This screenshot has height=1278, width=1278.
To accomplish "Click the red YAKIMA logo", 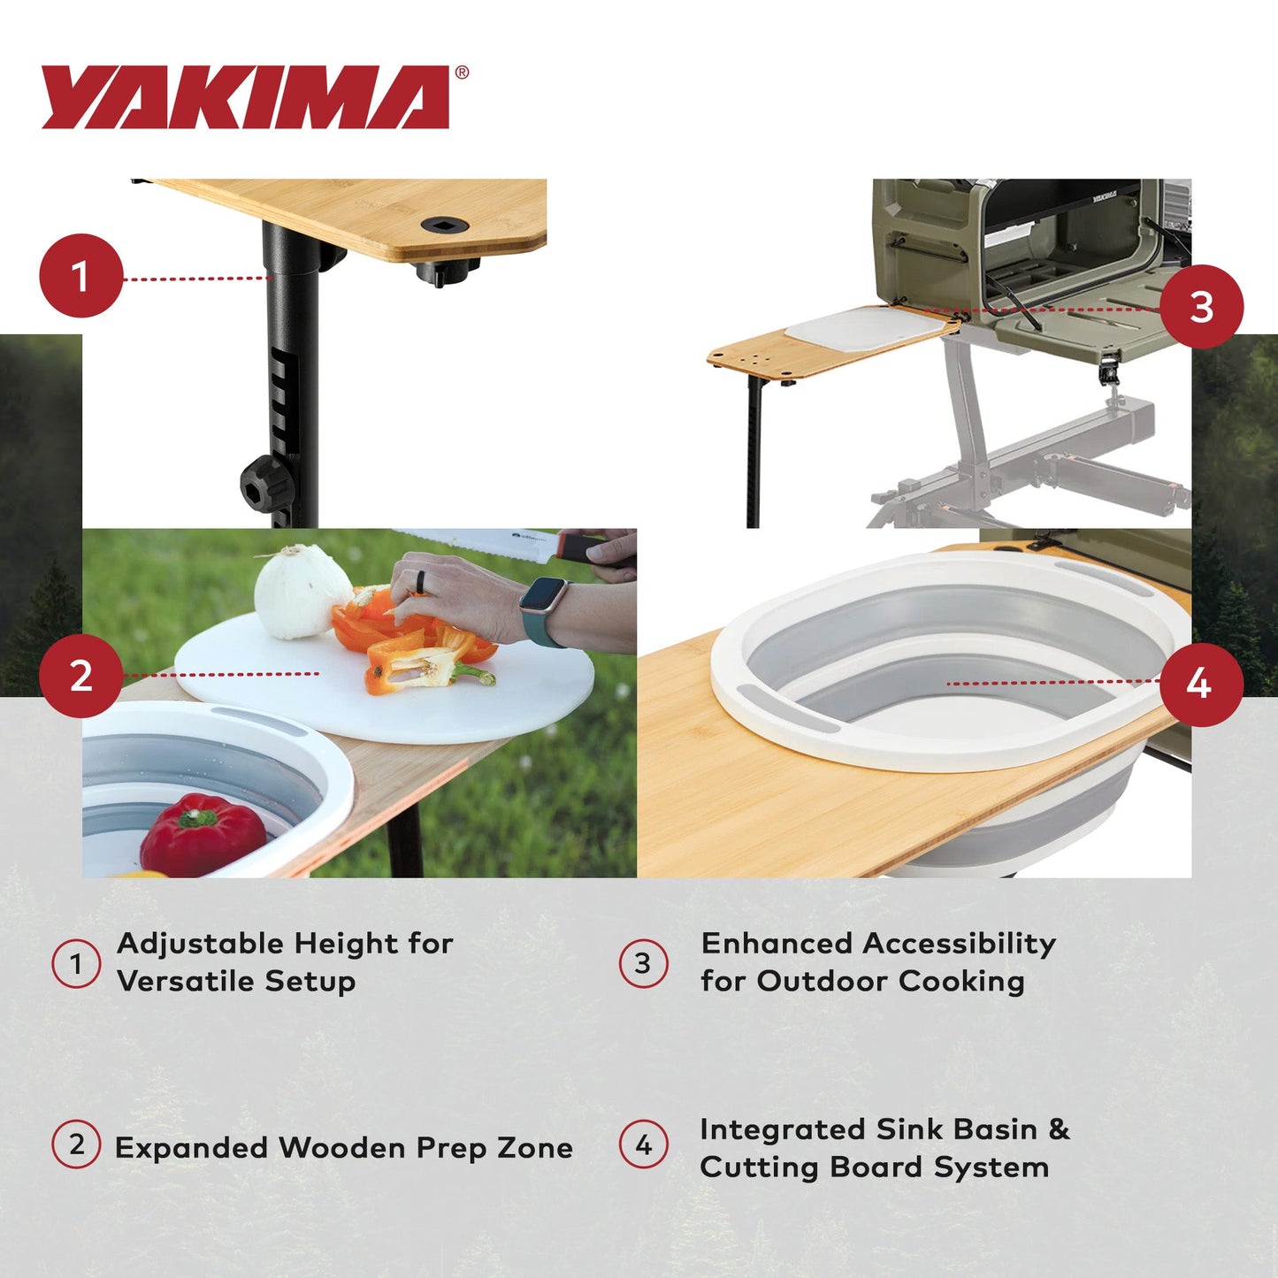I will (x=246, y=97).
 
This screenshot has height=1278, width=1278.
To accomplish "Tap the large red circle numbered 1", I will (x=80, y=276).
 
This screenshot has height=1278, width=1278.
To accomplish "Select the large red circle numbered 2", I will (x=80, y=677).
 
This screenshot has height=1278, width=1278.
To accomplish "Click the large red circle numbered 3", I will (x=1201, y=307).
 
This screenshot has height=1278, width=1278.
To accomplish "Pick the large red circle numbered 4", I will (x=1201, y=684).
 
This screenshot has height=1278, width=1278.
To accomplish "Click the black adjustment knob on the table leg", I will (x=265, y=483).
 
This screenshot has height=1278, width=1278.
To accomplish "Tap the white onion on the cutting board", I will (x=302, y=592).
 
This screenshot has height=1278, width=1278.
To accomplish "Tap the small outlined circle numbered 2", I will (x=76, y=1144).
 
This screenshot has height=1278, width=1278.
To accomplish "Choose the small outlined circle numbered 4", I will (x=643, y=1145).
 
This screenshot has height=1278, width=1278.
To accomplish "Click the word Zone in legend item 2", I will (x=534, y=1148).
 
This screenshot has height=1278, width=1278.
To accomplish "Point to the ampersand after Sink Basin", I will (x=1059, y=1129).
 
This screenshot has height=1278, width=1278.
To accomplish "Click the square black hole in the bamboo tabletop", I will (x=440, y=226).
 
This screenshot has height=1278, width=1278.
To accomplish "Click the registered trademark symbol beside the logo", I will (x=462, y=73).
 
